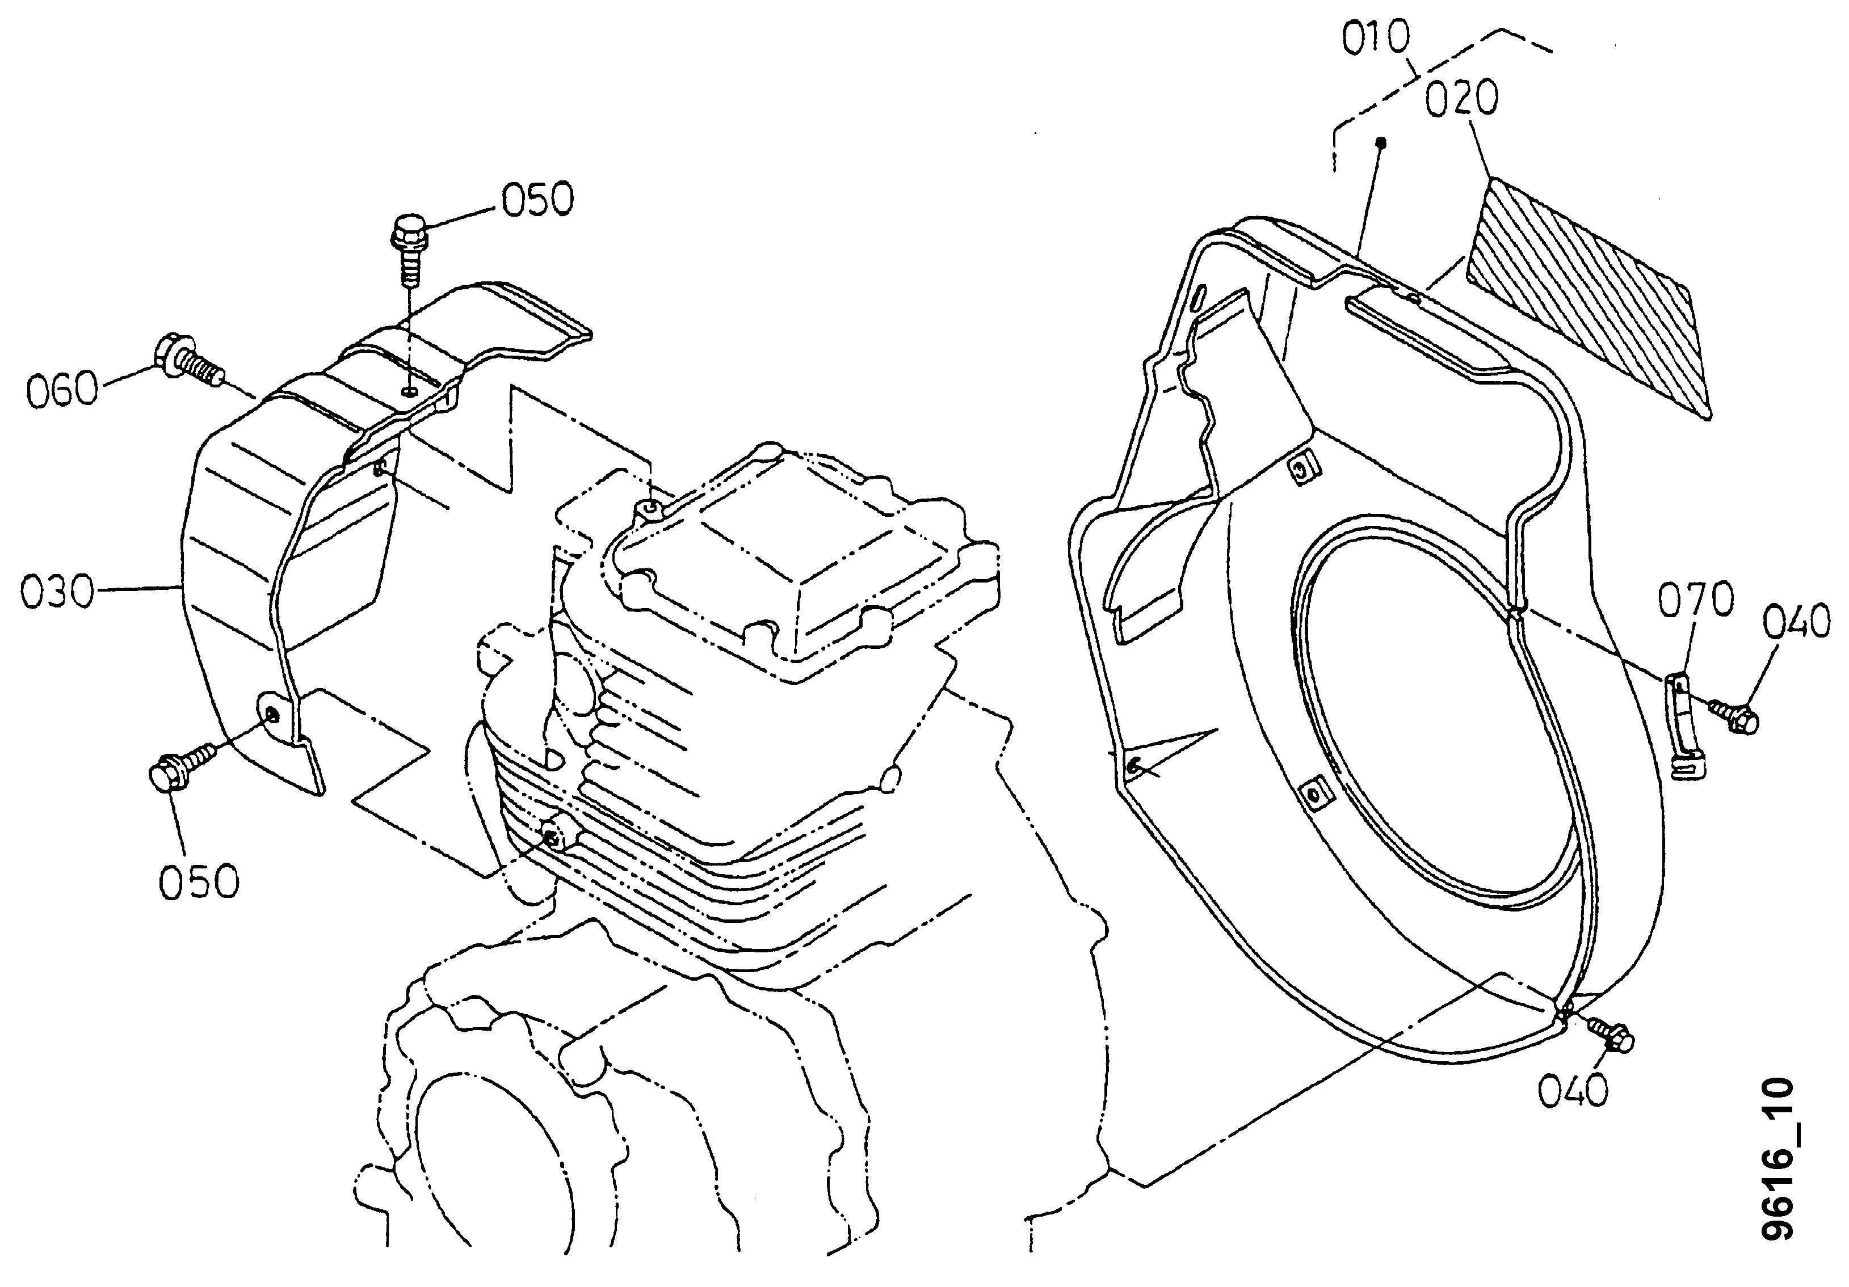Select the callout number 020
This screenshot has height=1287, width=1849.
(x=1461, y=100)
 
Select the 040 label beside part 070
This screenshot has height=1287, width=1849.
(x=1796, y=623)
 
